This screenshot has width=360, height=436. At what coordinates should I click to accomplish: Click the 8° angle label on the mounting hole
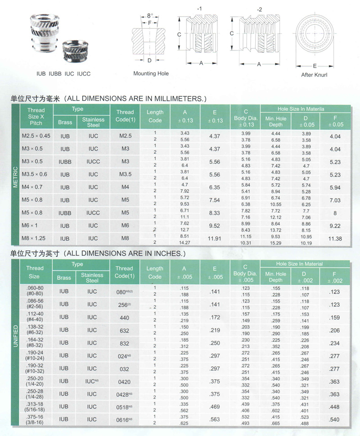point(150,16)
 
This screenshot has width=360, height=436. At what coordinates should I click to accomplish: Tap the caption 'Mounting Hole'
point(151,73)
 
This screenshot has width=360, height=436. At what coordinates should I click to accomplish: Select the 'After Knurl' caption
point(314,75)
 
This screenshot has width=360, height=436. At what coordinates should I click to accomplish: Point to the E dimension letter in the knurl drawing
point(315,66)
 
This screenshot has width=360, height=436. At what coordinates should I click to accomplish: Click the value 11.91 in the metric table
point(215,238)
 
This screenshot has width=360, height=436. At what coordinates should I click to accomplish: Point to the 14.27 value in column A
point(185,242)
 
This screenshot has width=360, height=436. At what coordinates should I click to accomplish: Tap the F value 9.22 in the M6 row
point(335,226)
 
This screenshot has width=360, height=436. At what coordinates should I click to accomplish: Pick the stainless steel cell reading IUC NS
point(92,381)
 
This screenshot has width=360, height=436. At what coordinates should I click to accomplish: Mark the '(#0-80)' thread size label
point(35,294)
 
